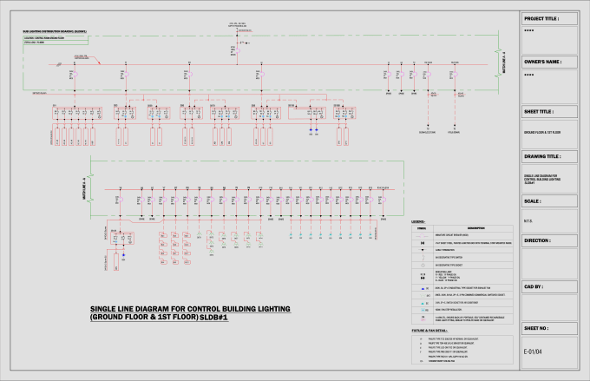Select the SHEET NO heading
[x=537, y=330]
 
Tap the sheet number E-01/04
[x=533, y=351]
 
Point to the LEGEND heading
[x=416, y=222]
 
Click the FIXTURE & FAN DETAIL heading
[x=429, y=331]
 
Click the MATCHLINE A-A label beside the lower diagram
[x=84, y=188]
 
